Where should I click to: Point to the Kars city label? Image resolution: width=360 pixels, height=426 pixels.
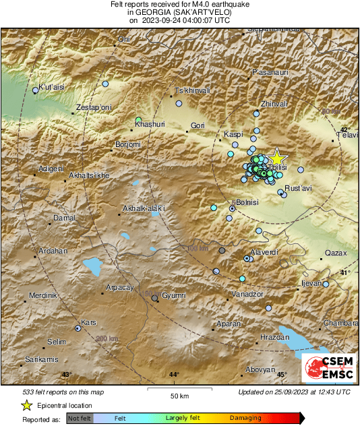point(88,322)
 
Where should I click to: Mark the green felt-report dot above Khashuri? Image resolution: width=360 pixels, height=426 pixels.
point(138,119)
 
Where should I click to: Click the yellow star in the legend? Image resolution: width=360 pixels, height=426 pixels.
point(26,405)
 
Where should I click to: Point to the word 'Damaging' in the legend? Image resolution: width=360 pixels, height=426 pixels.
point(245,419)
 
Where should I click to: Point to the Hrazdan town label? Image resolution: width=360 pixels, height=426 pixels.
point(274,336)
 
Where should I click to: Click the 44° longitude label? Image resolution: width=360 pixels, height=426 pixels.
point(174,374)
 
